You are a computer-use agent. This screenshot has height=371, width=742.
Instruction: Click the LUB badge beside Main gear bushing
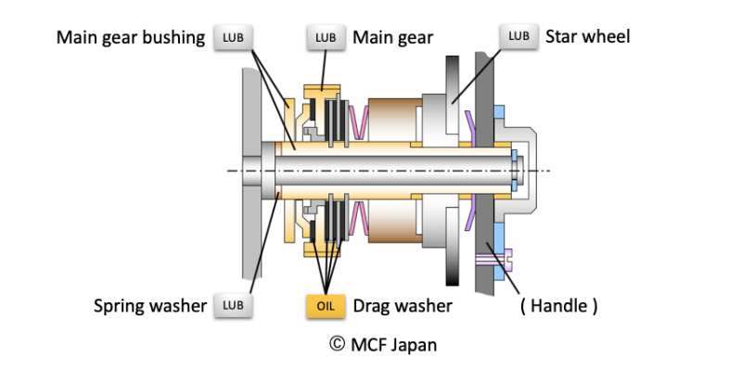click(233, 38)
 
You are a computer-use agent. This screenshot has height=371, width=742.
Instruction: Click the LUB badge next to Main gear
click(325, 38)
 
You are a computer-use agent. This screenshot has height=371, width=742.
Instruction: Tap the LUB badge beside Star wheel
click(518, 37)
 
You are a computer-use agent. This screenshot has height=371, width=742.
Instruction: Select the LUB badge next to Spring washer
click(233, 303)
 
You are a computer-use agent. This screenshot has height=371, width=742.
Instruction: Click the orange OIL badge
click(325, 303)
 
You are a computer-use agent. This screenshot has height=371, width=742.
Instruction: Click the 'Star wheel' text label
click(588, 37)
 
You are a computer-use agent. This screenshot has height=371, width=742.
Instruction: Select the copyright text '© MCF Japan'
click(383, 344)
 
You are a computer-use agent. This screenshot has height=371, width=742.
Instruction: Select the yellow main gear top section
click(322, 93)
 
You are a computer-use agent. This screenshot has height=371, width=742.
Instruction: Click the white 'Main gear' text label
click(390, 38)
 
